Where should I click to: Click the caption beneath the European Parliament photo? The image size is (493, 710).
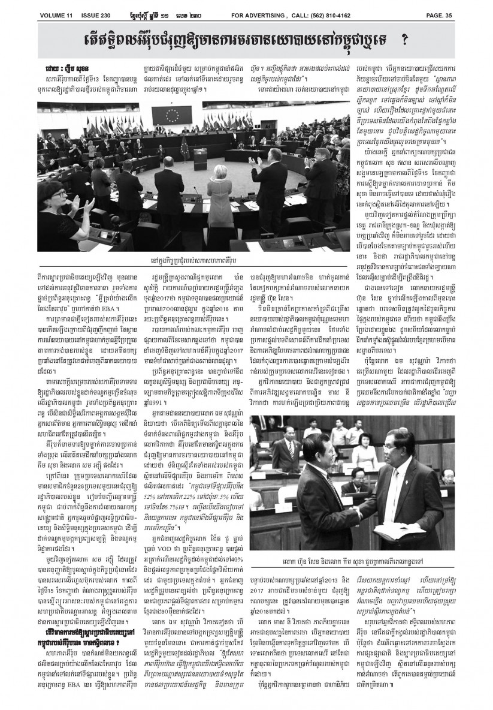pos(197,261)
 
